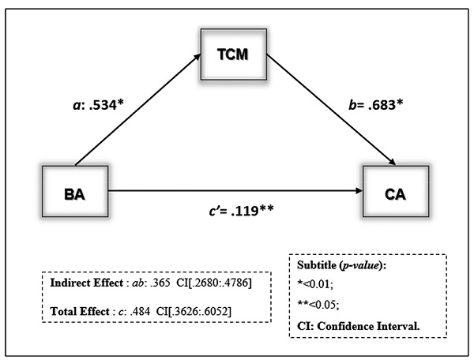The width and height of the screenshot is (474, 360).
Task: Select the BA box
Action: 75,191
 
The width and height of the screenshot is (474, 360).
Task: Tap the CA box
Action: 394,191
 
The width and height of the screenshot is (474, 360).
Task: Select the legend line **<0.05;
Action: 316,303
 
